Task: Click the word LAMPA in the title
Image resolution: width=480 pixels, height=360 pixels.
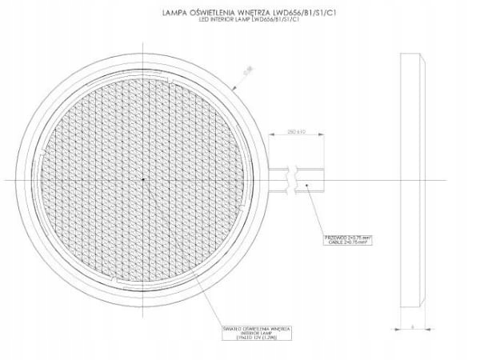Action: click(174, 13)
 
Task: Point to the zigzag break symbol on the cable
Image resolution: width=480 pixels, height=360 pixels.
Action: click(296, 178)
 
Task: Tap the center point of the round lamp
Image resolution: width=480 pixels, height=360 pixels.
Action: click(142, 178)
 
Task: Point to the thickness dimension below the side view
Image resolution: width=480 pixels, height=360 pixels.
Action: click(412, 325)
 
